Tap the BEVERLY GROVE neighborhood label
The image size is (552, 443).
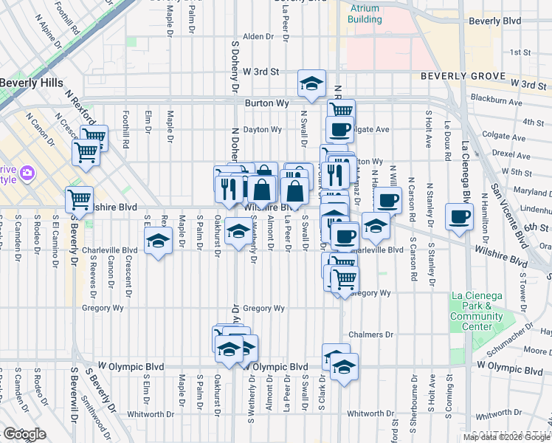coord(463,76)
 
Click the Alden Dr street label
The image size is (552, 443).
coord(258,36)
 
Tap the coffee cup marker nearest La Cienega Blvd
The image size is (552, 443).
coord(459,217)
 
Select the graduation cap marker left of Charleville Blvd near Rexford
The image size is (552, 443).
coord(158,241)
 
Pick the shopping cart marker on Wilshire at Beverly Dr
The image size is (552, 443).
coord(79,199)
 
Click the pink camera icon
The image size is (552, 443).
coord(27,173)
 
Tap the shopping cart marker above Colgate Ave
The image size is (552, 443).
coord(340,111)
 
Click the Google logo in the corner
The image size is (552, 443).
coord(24,434)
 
